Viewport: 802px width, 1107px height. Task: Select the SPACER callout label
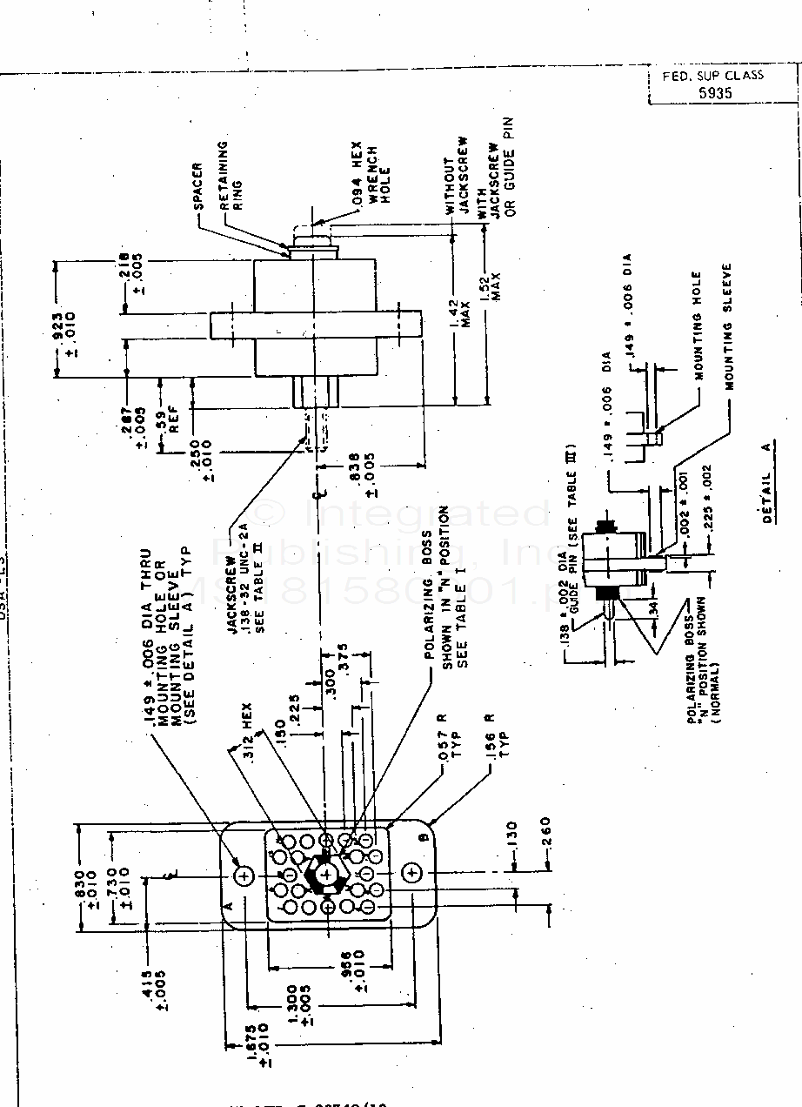tap(197, 186)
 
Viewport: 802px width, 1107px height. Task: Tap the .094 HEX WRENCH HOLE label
tap(370, 174)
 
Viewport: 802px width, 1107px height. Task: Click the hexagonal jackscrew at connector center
tap(326, 873)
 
